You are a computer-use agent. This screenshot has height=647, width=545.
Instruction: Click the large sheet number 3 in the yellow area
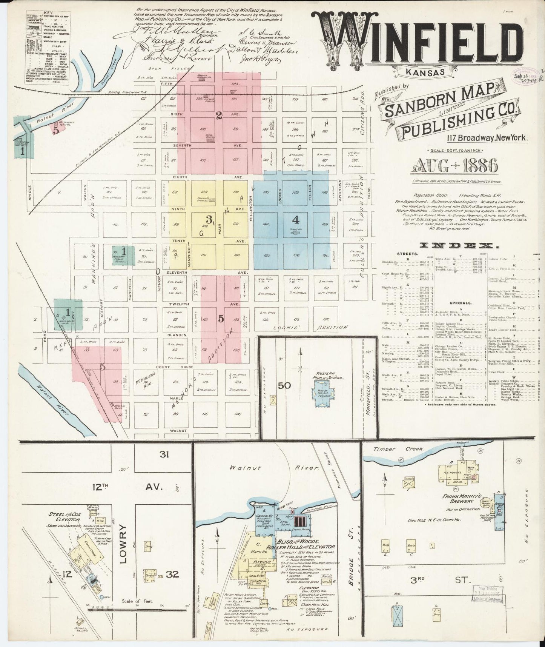(208, 219)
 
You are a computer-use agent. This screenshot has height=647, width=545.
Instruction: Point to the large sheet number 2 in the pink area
(219, 116)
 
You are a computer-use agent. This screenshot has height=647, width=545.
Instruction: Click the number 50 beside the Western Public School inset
(285, 385)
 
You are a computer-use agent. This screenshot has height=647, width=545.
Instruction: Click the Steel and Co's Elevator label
(63, 517)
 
